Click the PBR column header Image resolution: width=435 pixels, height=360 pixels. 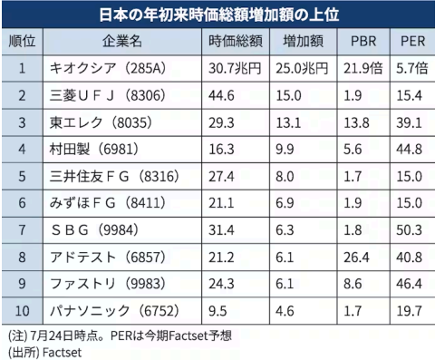(363, 42)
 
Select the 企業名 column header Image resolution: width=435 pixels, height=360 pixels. (122, 41)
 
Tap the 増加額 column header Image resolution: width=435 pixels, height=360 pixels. (303, 41)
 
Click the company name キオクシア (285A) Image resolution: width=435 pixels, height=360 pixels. (108, 68)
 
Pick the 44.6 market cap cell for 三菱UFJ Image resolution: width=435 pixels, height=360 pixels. (221, 96)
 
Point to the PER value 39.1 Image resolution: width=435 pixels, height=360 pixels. (409, 122)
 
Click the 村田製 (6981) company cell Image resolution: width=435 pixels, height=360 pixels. (94, 150)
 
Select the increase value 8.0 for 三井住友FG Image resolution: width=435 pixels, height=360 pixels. (285, 177)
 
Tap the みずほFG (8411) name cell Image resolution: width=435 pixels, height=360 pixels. (108, 203)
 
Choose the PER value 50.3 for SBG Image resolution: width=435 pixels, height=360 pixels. (409, 230)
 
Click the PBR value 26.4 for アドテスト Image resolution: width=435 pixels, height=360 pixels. (356, 258)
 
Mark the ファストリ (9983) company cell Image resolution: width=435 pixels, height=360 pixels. (108, 284)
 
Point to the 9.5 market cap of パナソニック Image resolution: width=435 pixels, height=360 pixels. (217, 311)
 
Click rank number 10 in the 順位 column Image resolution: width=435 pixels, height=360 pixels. (22, 311)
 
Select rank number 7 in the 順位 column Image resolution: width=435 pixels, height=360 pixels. (22, 230)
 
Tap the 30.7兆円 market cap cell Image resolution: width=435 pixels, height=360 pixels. (235, 69)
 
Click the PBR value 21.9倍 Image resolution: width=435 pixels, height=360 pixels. (363, 69)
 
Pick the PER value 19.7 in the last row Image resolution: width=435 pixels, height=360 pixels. (409, 311)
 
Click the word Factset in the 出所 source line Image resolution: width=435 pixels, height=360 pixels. (62, 353)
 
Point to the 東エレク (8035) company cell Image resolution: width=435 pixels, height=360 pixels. (101, 122)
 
